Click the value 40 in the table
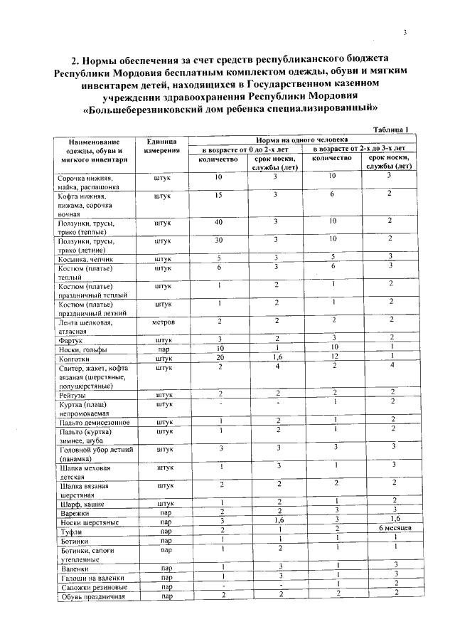[x=219, y=221]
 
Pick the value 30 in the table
[x=219, y=240]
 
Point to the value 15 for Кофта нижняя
[x=219, y=194]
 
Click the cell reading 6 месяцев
[x=389, y=529]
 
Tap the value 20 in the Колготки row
[x=220, y=357]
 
